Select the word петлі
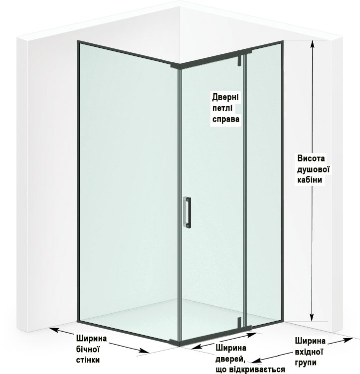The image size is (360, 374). pos(222,108)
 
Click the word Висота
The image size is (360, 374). pos(311,158)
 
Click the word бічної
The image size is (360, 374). pos(87,348)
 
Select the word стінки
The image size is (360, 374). pos(87,359)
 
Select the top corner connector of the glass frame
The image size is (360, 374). pos(176,65)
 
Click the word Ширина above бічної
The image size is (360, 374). pos(90,337)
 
